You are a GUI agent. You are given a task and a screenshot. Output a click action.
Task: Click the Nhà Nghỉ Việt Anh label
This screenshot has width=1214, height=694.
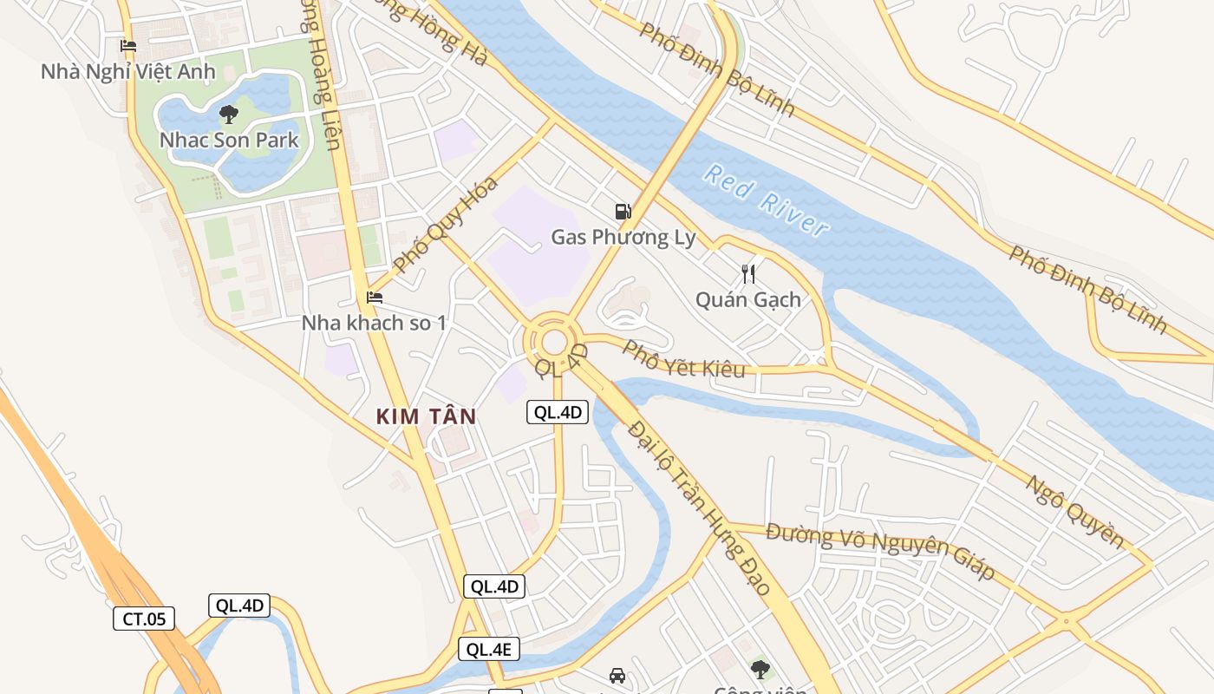click(x=127, y=72)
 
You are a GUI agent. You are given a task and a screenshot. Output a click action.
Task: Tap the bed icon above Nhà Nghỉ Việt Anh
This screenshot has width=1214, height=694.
click(x=128, y=46)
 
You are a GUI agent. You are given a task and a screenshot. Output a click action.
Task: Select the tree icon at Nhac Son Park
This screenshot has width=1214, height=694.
click(x=229, y=114)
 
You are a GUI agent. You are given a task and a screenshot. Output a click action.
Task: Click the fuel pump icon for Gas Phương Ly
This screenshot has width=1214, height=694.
click(x=623, y=211)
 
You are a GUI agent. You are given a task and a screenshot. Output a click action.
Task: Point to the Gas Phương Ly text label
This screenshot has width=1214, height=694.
click(x=623, y=237)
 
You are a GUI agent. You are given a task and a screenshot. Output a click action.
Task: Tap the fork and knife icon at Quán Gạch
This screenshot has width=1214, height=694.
click(x=748, y=274)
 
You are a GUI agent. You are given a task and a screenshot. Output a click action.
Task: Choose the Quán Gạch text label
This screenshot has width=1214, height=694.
click(x=748, y=300)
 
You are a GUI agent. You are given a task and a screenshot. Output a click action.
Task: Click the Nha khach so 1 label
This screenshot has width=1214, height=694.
click(x=374, y=323)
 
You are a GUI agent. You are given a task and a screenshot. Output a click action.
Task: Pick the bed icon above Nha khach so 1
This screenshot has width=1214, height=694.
click(x=375, y=298)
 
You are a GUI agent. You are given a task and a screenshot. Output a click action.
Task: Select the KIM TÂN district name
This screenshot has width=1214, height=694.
click(x=427, y=416)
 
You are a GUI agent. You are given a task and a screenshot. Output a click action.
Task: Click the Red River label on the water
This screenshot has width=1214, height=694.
click(x=766, y=200)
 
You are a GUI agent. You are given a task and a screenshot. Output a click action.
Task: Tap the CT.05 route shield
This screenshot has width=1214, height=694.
click(x=144, y=619)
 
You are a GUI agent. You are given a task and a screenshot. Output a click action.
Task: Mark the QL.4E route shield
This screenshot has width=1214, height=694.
click(x=489, y=649)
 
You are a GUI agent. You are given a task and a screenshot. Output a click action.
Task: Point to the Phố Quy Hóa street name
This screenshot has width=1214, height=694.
click(x=445, y=224)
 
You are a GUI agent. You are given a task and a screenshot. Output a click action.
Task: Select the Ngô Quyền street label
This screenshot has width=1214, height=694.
click(x=1074, y=512)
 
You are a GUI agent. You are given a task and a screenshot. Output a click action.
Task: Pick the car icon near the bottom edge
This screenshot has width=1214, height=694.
click(x=617, y=675)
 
